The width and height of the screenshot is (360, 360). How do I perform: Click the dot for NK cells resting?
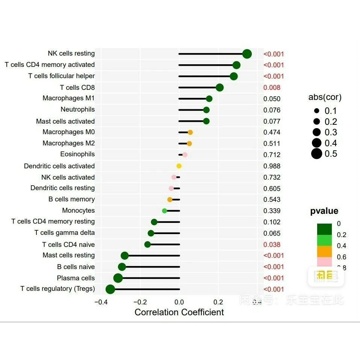247,54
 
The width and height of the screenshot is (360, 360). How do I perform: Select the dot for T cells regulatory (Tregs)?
110,289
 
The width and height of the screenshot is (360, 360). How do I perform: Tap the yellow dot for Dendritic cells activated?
179,166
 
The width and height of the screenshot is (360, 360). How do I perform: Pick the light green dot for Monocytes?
165,211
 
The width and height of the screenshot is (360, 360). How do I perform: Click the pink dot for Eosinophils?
185,155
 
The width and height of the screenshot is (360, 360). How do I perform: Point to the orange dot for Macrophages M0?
190,132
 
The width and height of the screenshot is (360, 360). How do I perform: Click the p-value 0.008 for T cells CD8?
272,88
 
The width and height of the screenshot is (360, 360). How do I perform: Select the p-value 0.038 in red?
272,245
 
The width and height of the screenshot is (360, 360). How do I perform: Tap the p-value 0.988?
272,166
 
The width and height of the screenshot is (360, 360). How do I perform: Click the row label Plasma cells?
76,278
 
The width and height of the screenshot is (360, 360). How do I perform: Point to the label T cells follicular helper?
62,76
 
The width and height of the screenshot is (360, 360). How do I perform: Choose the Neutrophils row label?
78,109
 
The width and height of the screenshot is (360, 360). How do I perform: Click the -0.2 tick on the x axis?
140,302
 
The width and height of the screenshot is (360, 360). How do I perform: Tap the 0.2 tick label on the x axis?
218,302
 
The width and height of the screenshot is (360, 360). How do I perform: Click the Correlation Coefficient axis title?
179,312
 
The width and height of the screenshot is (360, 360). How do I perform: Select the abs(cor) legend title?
325,97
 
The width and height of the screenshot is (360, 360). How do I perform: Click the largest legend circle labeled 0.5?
317,154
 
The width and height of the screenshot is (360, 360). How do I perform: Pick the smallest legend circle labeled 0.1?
317,111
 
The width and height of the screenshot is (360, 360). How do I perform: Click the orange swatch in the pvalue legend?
324,251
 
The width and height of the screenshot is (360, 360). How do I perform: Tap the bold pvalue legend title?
324,211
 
